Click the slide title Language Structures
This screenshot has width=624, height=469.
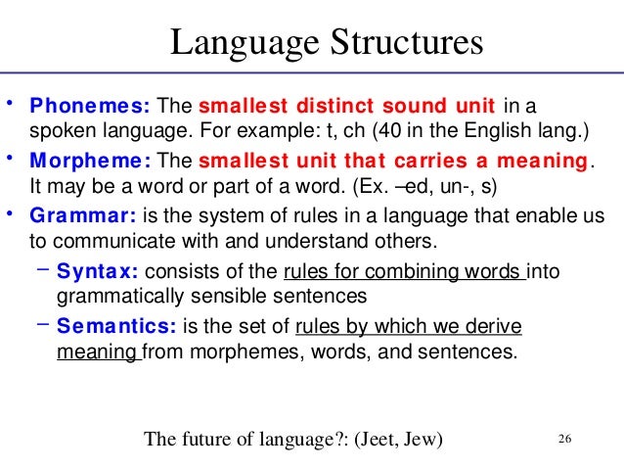point(327,44)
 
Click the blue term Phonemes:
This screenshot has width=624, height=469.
point(89,105)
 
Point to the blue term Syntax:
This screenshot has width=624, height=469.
point(96,270)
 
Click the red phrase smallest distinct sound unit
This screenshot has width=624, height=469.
point(347,105)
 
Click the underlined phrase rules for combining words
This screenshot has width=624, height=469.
point(403,270)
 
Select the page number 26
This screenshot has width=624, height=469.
point(563,438)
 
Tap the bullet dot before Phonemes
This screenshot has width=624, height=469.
point(9,102)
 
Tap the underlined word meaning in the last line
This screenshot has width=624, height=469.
point(94,348)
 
